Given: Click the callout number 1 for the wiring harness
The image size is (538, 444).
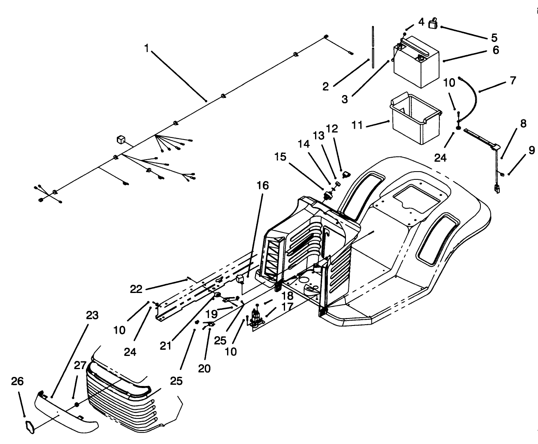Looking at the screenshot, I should point(146,48).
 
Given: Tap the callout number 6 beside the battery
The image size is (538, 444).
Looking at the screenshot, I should point(496,50).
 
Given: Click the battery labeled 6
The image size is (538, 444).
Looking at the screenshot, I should point(416,62).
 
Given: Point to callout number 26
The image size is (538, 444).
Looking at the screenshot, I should point(18,381).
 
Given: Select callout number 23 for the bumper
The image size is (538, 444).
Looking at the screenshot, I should point(92,315).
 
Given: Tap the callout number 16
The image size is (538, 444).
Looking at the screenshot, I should point(262,186).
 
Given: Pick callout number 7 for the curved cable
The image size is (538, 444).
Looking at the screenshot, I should point(512,81).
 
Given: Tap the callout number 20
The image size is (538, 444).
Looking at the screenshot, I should point(204,368).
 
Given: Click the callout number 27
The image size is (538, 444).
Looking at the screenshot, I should point(80,365).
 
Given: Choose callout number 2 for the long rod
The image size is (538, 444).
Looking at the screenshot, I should point(325,86).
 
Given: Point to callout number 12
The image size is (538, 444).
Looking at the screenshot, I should point(332,129).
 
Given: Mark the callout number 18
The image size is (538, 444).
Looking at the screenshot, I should point(287,296).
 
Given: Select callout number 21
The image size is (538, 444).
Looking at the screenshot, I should point(165,346).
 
